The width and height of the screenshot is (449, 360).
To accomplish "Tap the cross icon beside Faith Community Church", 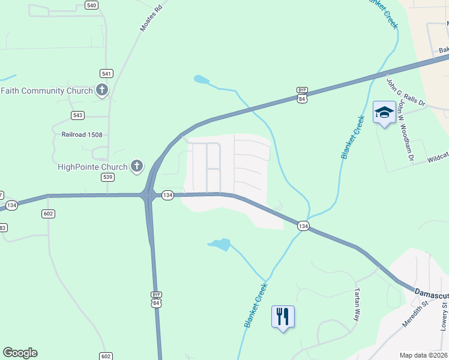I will [102, 91].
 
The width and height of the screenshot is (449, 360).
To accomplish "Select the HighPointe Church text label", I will [92, 167].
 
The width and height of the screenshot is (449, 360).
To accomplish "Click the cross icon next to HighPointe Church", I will [137, 166].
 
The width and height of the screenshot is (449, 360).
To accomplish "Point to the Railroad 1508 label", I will [82, 135].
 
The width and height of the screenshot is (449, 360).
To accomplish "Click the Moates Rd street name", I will [151, 19].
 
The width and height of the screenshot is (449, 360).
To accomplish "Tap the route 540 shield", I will [91, 5].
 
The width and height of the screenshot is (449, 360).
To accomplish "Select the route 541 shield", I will [107, 73].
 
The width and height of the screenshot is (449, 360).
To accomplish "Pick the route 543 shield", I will [77, 115].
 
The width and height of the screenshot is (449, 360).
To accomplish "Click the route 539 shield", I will [107, 177].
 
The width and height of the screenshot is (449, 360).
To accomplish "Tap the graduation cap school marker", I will [384, 113].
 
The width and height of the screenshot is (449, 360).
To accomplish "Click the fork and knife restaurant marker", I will [283, 316].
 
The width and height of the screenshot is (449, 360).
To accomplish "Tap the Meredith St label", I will [431, 312].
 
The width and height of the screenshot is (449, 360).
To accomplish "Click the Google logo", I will [20, 353].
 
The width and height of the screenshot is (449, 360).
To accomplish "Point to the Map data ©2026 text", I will [423, 355].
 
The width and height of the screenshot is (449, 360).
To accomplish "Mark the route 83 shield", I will [2, 227].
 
